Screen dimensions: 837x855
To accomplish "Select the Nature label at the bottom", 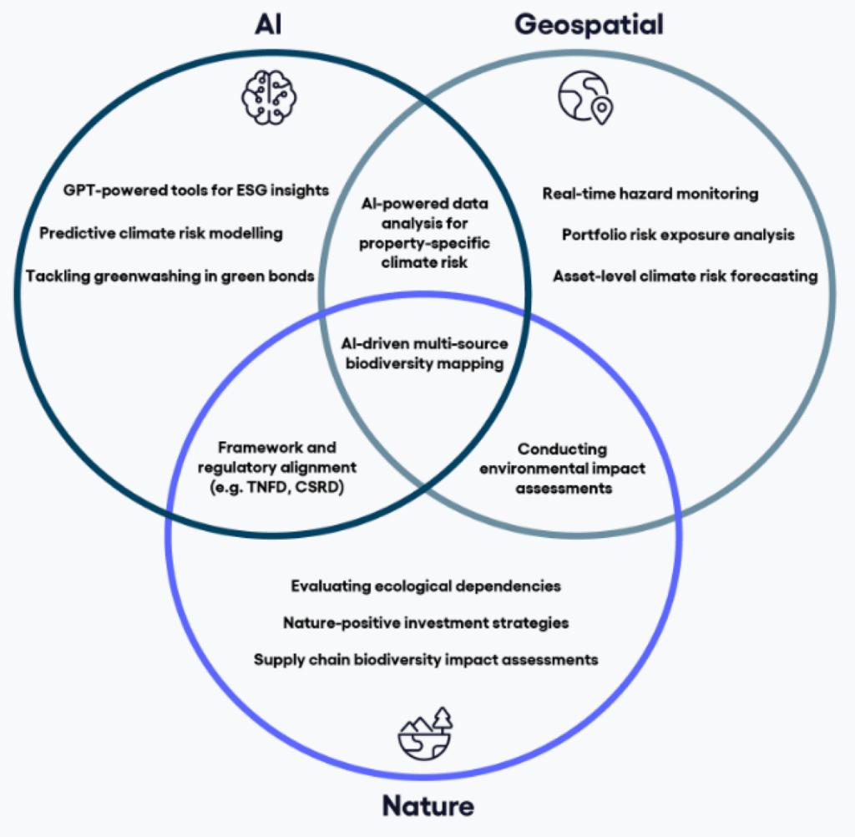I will (x=427, y=806).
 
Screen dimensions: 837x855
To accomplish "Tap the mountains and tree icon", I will (x=425, y=733).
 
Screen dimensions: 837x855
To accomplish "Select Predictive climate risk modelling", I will (x=161, y=233).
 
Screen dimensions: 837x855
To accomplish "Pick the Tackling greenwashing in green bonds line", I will (x=169, y=276).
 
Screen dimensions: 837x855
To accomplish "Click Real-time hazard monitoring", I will (x=650, y=194).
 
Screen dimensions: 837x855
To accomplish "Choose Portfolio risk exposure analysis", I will (x=678, y=235).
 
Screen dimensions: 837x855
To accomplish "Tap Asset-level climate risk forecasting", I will (x=685, y=276).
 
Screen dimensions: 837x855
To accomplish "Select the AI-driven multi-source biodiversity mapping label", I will (x=425, y=353).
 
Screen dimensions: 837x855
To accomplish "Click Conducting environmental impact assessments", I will (x=563, y=468).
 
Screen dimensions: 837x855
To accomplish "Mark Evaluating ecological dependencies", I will (x=426, y=586).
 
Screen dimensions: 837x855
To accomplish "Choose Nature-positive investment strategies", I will (x=426, y=622).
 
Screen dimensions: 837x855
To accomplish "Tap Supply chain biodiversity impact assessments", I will (x=426, y=659).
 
